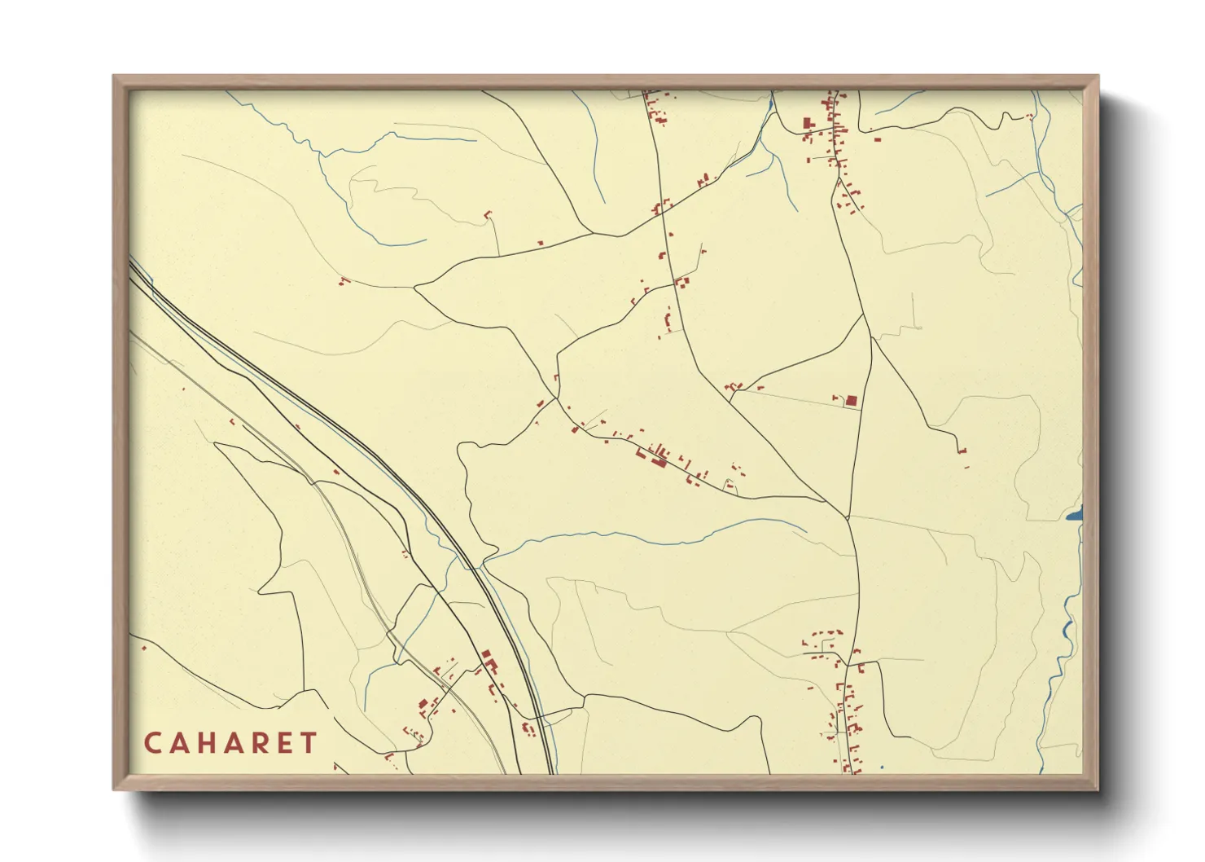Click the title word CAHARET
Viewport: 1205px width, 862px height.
230,743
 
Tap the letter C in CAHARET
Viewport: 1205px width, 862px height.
152,743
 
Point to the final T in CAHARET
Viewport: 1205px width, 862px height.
309,743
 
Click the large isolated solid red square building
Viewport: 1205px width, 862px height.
852,400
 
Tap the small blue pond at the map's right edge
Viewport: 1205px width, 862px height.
1076,514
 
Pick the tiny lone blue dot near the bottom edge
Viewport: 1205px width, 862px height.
882,767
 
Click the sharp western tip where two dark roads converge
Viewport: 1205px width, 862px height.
415,286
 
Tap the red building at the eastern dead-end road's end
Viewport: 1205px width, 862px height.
964,451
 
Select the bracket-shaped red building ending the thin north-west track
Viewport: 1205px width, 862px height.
489,214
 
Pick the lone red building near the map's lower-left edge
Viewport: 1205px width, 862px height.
144,648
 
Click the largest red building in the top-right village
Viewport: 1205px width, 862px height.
808,124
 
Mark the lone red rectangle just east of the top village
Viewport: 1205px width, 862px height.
877,139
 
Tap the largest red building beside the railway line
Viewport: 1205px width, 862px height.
487,654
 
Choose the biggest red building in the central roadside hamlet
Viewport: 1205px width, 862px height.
659,461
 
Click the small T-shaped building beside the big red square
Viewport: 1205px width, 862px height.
836,398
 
